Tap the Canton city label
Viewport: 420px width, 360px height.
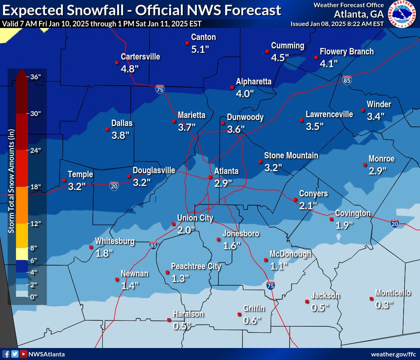[203, 37]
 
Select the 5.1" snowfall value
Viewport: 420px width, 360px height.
[200, 49]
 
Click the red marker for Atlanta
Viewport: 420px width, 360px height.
[210, 176]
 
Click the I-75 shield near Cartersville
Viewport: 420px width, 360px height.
[160, 89]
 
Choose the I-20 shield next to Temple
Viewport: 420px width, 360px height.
[114, 186]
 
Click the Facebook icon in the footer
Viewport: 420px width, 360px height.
[6, 354]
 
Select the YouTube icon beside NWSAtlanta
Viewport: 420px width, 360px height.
[24, 354]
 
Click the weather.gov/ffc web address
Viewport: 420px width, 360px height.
[393, 354]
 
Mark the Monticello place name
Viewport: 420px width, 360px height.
[392, 293]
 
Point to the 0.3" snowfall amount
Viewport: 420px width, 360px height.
[384, 305]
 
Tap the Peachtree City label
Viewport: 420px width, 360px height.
[196, 266]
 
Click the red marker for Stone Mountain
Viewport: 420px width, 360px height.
[260, 162]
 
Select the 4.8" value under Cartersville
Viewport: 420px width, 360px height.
[130, 68]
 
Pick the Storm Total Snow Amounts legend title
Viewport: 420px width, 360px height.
[12, 181]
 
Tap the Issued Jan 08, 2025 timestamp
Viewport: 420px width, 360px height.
[337, 24]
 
